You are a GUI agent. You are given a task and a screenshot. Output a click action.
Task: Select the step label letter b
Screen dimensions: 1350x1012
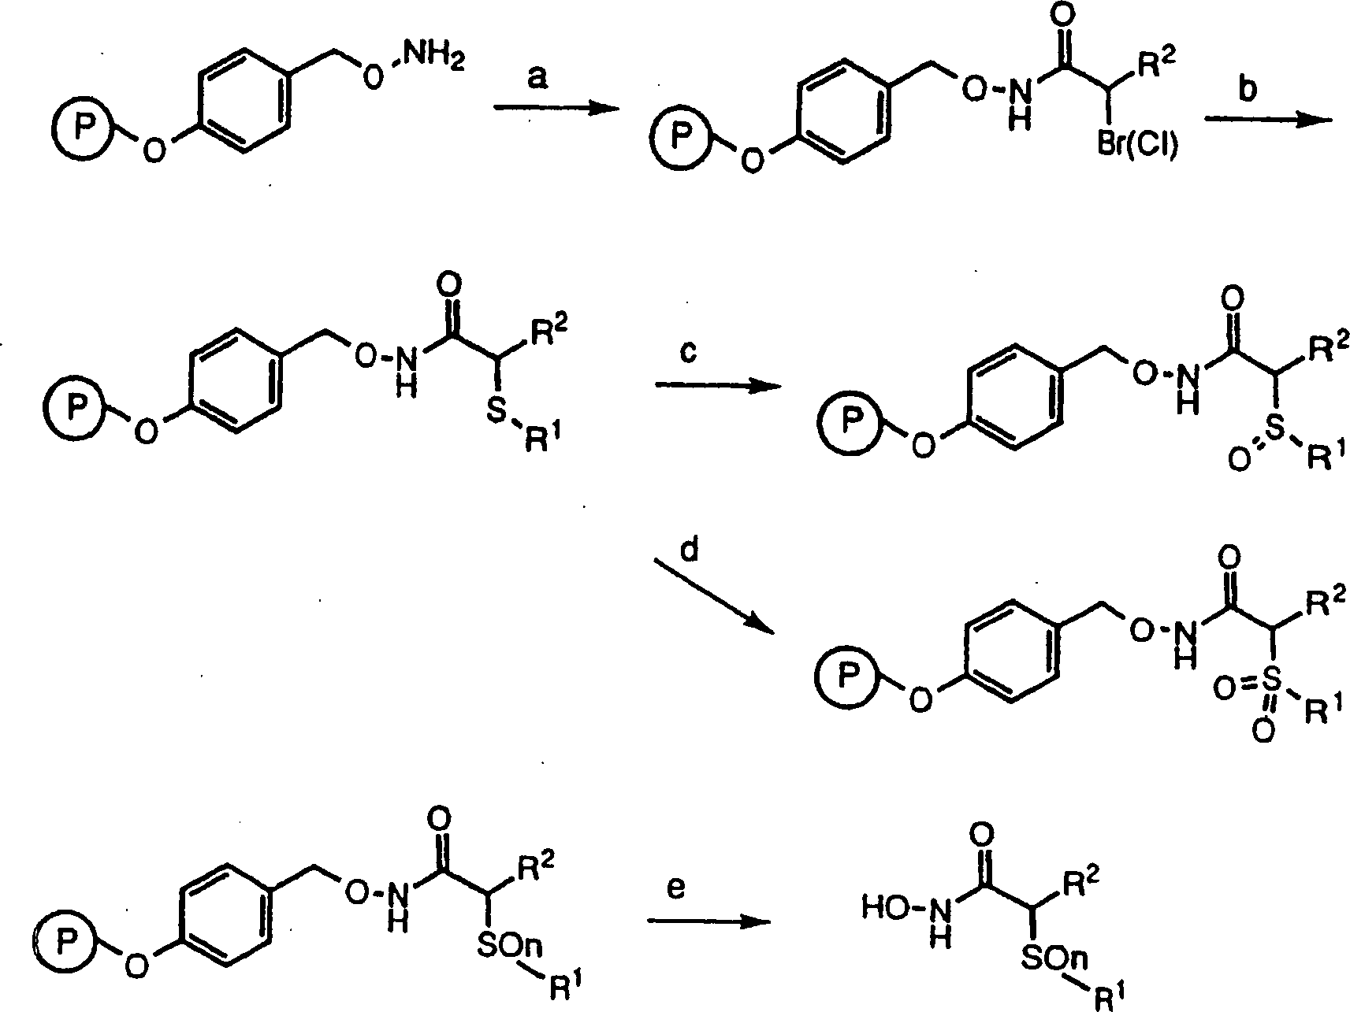pos(1247,89)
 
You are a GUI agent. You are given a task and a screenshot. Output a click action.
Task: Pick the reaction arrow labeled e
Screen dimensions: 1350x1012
pos(707,921)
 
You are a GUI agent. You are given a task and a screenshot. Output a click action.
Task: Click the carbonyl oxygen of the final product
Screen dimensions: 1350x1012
pos(983,833)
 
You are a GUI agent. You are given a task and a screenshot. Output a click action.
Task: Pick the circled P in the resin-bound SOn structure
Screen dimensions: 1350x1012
pos(64,938)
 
